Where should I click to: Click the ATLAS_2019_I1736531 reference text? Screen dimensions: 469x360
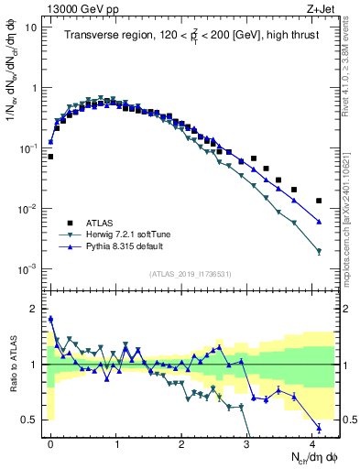[x=191, y=274]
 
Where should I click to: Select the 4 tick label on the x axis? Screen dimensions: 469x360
[x=312, y=442]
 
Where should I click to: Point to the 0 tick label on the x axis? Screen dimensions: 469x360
[x=50, y=442]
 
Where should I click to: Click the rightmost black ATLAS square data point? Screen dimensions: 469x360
[x=319, y=201]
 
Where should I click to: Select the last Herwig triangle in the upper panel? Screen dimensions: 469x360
[x=319, y=251]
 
